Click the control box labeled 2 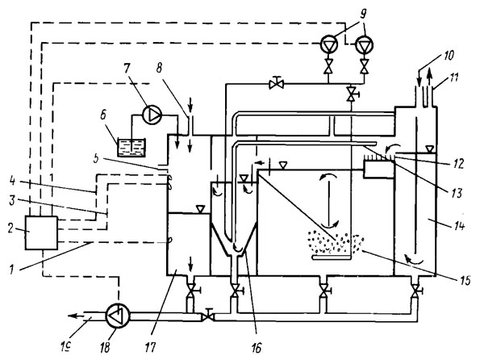click(x=41, y=232)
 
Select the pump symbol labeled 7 click(x=152, y=115)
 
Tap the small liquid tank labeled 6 click(x=131, y=148)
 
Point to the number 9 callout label click(x=365, y=13)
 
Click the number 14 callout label click(x=458, y=226)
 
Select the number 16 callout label click(x=257, y=348)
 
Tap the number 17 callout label click(x=151, y=347)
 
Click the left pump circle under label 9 click(x=329, y=44)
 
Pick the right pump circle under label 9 click(x=365, y=44)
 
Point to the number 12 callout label click(x=459, y=163)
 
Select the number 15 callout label click(x=465, y=280)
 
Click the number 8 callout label click(x=159, y=69)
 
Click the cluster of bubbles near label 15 click(x=336, y=242)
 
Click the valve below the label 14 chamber click(x=415, y=291)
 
